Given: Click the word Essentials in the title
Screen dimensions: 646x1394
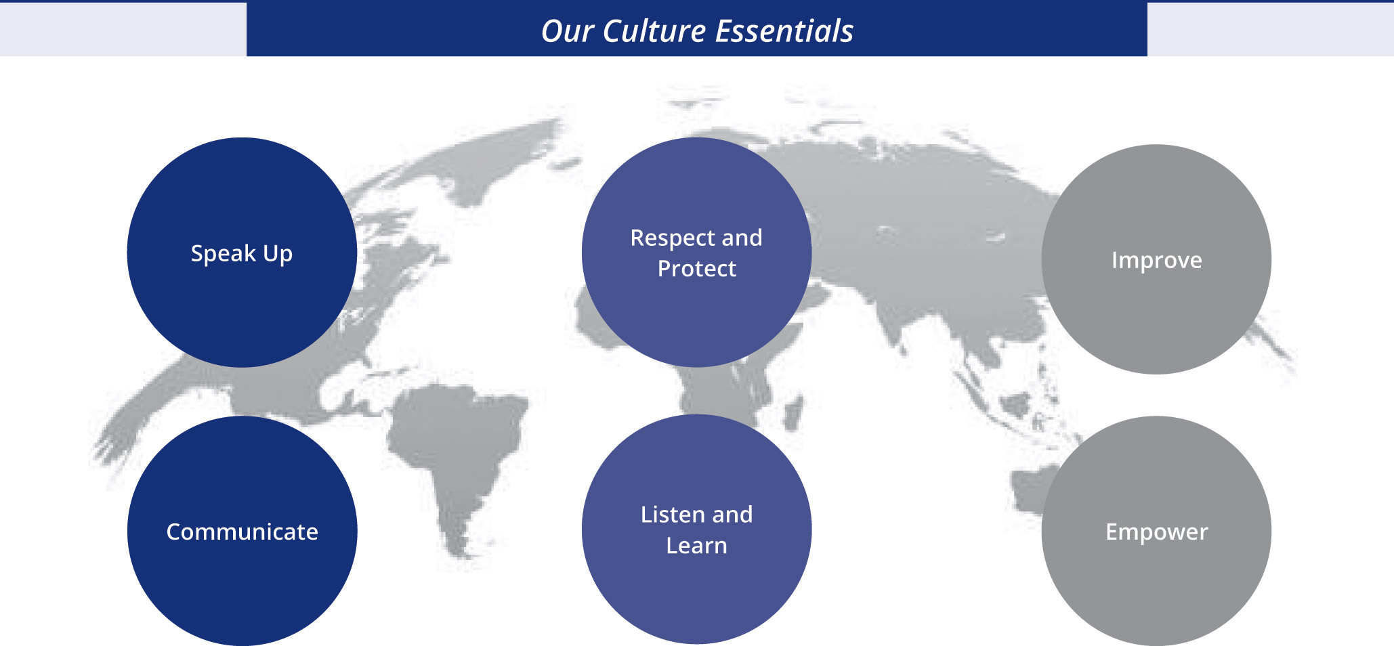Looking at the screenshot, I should tap(784, 31).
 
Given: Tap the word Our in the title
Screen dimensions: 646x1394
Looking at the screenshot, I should tap(566, 31).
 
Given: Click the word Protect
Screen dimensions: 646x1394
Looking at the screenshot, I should tap(696, 269).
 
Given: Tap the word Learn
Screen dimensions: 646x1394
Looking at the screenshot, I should tap(696, 546).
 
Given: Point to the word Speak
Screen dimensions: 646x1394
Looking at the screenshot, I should tap(223, 254).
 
